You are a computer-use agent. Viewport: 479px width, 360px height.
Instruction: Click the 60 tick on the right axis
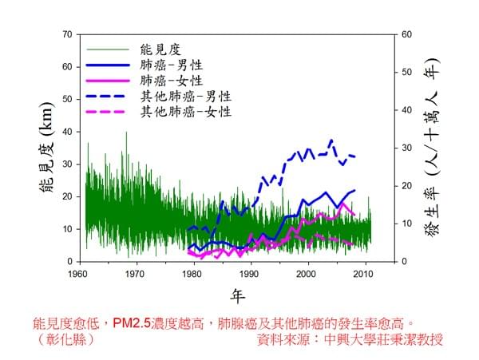point(406,34)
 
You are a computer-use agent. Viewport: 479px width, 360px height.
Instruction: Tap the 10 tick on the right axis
point(406,224)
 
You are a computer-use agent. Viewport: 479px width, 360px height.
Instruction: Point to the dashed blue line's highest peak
point(331,140)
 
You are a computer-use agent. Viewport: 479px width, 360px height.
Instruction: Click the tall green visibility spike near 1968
point(126,133)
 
